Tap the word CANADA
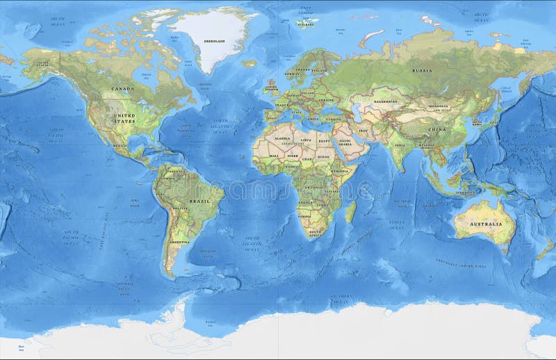pos(122,89)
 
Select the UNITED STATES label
pos(125,118)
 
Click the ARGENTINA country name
pos(179,241)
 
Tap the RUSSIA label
pos(422,70)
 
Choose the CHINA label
pos(436,130)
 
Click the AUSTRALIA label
pos(485,224)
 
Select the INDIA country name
pos(400,145)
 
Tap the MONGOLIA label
pos(438,106)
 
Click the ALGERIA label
pos(282,139)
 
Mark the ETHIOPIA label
pos(341,171)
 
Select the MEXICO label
pos(120,146)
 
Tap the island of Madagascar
pos(352,211)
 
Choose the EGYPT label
pos(324,141)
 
